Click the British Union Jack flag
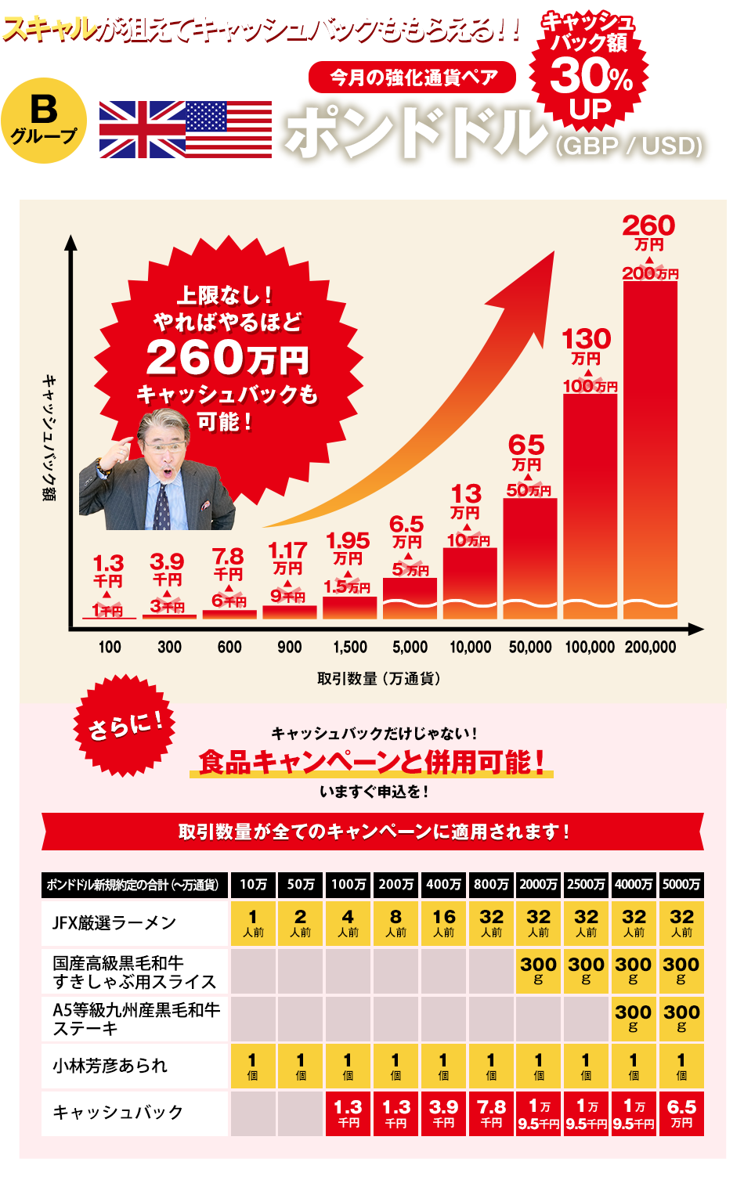(143, 130)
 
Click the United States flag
(229, 130)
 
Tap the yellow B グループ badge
(44, 118)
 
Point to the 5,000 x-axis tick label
(410, 647)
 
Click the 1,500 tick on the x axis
(350, 647)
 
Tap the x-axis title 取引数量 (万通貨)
(378, 678)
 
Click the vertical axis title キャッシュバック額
(49, 438)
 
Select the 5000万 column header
(681, 884)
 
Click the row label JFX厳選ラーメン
(114, 923)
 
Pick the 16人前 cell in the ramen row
(443, 923)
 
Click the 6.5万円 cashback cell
(681, 1113)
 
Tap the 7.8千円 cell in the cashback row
(491, 1113)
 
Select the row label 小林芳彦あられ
(110, 1066)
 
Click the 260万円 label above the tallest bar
(648, 233)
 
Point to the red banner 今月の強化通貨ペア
(413, 77)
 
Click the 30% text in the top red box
(591, 77)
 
